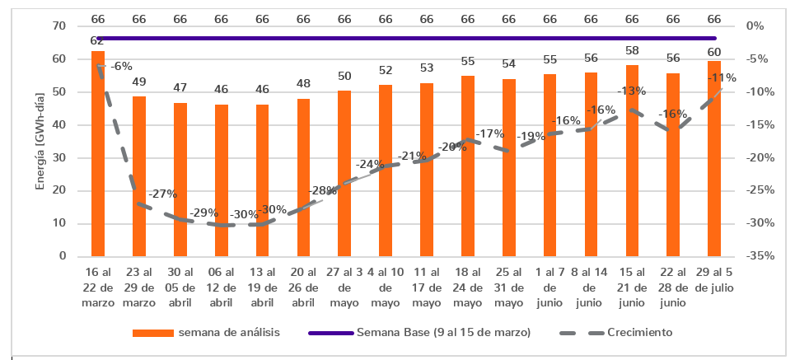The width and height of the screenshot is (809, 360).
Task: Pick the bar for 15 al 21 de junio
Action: coord(632,160)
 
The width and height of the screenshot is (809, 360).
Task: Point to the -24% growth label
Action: coord(370,164)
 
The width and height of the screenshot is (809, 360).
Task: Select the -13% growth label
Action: coord(632,91)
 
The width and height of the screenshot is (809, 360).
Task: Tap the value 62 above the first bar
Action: coord(97,40)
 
